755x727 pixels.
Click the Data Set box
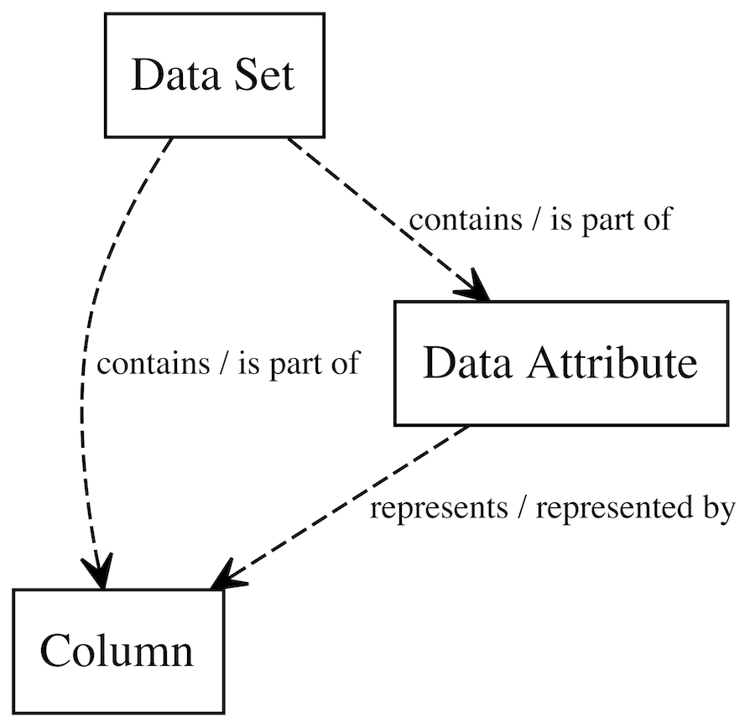click(x=213, y=75)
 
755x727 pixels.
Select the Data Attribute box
click(x=560, y=362)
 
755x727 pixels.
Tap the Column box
click(x=117, y=651)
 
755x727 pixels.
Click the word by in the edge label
click(x=719, y=509)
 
